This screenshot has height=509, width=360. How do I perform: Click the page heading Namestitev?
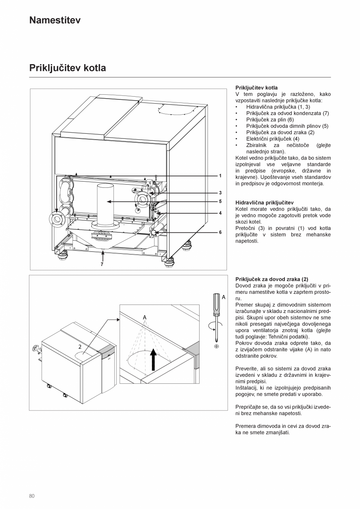55,20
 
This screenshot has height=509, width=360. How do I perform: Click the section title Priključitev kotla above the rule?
67,68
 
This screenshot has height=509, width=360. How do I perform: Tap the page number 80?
32,496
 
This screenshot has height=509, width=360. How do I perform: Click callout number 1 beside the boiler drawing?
220,176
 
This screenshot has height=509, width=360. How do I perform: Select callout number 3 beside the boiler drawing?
220,192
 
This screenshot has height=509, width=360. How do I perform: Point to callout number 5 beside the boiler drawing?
220,201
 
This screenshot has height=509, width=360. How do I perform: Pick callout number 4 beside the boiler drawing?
220,213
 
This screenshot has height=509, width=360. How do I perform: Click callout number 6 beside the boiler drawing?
220,232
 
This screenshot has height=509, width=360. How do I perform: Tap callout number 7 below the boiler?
102,264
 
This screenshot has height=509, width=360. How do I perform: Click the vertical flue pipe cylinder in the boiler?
105,203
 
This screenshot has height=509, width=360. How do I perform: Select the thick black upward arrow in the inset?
153,359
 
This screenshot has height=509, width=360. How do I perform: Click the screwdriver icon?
215,313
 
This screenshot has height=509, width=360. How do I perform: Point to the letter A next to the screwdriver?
223,297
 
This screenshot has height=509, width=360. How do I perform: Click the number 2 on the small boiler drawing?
80,347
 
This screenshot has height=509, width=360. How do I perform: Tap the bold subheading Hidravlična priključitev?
264,203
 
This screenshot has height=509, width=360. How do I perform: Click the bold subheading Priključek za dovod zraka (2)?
272,279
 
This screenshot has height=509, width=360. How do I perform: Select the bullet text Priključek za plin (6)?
270,120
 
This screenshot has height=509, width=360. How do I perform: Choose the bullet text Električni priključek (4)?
273,138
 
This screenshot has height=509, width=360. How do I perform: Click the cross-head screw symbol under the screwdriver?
216,346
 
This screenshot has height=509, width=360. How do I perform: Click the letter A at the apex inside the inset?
144,317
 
